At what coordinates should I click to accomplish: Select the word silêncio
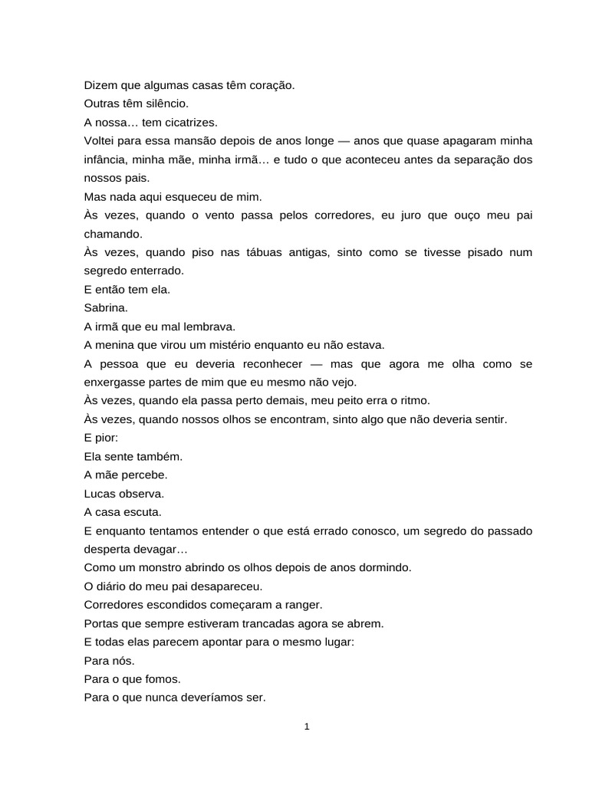coord(164,103)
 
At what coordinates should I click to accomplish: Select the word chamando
coord(113,234)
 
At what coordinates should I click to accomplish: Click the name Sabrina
coord(106,308)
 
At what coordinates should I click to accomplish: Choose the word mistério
coord(210,345)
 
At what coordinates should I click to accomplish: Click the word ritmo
coord(414,401)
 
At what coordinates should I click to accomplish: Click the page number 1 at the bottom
coord(306,728)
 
